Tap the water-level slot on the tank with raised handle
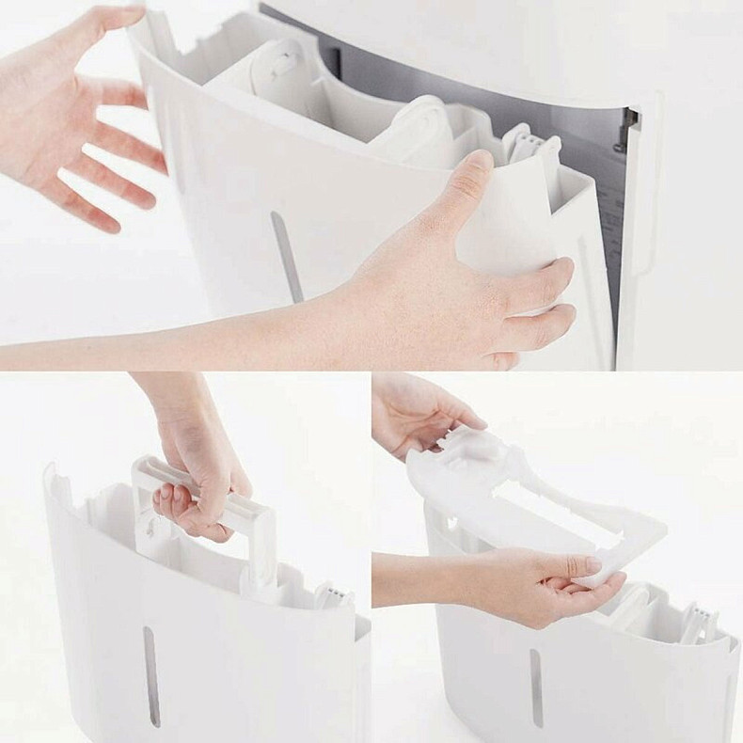pyautogui.click(x=150, y=676)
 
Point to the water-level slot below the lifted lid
pyautogui.click(x=536, y=686)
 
